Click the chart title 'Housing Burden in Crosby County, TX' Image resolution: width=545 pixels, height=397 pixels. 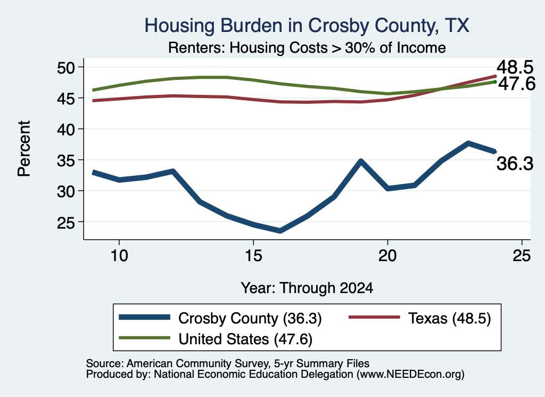[x=307, y=26]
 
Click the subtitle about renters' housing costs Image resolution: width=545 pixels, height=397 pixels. [x=307, y=47]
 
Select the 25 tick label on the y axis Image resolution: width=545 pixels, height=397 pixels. [x=66, y=222]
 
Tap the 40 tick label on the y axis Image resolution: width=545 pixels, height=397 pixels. [x=66, y=129]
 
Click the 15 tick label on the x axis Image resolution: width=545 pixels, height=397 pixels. [x=253, y=256]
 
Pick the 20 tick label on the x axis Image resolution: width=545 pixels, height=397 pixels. [x=387, y=256]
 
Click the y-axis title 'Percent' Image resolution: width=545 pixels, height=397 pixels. [x=24, y=149]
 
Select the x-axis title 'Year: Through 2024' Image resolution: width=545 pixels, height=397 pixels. [x=307, y=288]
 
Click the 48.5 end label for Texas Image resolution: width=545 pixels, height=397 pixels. [x=515, y=67]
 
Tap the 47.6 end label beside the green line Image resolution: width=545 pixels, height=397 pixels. [x=517, y=84]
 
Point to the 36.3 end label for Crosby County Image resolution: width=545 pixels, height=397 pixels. [x=515, y=164]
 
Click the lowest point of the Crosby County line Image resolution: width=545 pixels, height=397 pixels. [x=280, y=231]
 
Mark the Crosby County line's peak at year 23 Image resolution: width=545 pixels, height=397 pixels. [x=468, y=143]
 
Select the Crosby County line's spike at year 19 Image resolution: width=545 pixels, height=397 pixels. [x=361, y=161]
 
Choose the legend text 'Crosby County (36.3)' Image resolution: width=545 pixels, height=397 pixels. [x=250, y=318]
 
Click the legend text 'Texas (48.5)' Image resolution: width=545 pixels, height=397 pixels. [x=449, y=318]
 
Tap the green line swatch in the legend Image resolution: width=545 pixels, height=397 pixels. [x=145, y=338]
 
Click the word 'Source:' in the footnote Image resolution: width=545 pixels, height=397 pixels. [x=105, y=363]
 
